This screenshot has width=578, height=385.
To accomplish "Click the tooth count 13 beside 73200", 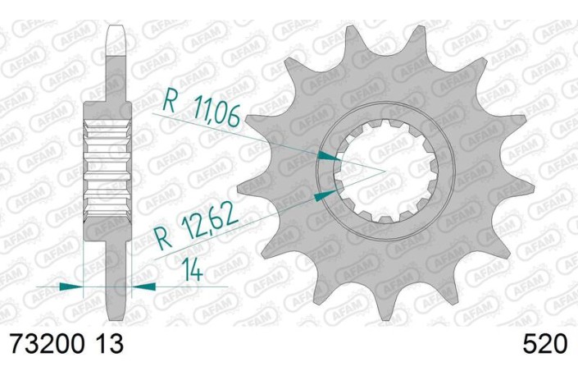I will (x=110, y=343).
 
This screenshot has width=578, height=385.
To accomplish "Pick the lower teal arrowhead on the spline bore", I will (x=328, y=194).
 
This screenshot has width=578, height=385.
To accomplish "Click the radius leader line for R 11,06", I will (x=271, y=135).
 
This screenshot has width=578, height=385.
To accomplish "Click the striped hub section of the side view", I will (x=108, y=172).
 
